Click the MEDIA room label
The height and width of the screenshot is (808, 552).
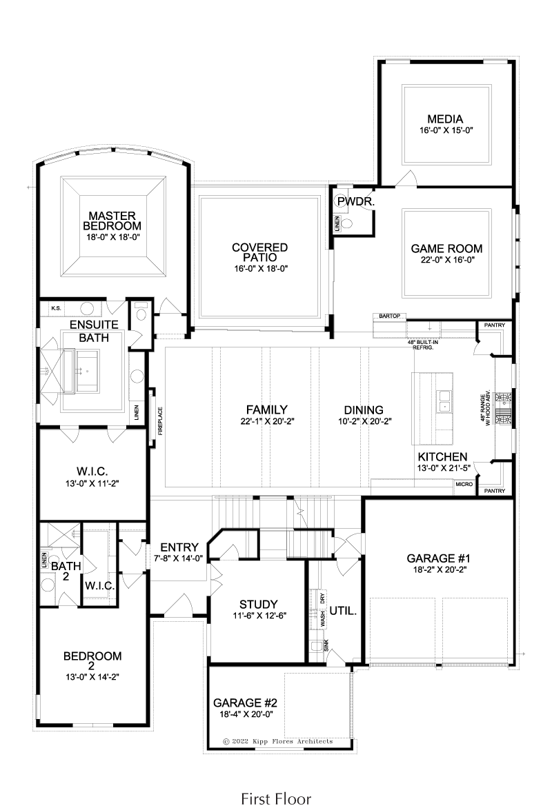(x=444, y=119)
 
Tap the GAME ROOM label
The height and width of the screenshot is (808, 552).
(x=446, y=249)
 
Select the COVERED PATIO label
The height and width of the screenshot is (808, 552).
(x=259, y=252)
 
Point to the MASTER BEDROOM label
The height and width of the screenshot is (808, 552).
(x=112, y=221)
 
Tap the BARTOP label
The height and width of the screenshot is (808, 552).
(x=389, y=316)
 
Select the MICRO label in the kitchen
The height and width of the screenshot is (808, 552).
(x=464, y=485)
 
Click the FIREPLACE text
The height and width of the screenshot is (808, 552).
(x=161, y=421)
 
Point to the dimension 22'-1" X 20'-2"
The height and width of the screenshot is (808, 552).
(x=267, y=421)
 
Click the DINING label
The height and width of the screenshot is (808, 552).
(x=364, y=410)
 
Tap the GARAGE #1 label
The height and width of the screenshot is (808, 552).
(x=439, y=558)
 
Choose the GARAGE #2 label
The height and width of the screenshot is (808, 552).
(x=246, y=703)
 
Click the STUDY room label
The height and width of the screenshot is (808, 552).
(x=259, y=605)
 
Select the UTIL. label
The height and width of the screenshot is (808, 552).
(x=343, y=611)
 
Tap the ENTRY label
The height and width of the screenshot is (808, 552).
(x=179, y=547)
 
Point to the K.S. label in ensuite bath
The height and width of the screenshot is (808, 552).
(x=56, y=308)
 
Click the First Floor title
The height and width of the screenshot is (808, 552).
(x=276, y=799)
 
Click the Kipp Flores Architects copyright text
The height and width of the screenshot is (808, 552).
(x=278, y=742)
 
